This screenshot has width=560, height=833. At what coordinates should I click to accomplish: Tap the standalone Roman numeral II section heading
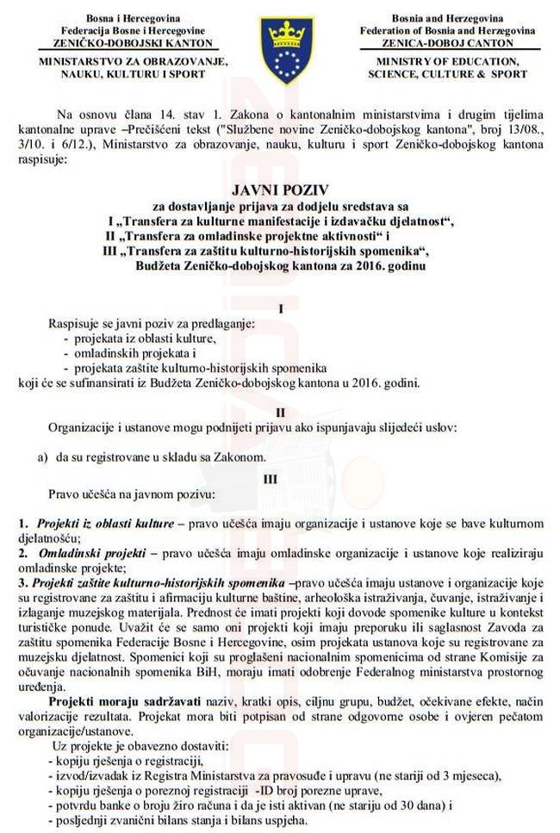280,413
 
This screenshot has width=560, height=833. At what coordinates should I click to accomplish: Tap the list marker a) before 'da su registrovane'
41,457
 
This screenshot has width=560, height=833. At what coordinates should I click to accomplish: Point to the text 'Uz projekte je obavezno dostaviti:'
139,747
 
